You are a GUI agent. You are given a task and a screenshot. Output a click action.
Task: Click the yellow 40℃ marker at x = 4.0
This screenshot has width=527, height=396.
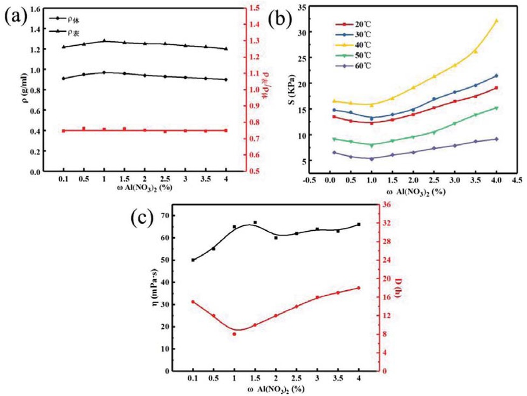coord(496,21)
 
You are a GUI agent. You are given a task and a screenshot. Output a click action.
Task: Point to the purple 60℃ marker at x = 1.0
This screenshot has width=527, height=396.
coord(371,159)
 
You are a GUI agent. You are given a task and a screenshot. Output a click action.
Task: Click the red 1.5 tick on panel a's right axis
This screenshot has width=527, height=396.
coord(252,8)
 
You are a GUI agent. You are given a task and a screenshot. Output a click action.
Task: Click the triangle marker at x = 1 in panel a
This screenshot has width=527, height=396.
coord(104,40)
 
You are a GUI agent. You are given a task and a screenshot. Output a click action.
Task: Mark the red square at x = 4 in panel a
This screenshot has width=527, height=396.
coord(225,130)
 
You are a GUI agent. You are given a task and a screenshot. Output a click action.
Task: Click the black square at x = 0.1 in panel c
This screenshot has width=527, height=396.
coord(193,260)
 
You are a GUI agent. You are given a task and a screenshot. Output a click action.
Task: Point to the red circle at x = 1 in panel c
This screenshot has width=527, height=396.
coord(235,334)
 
